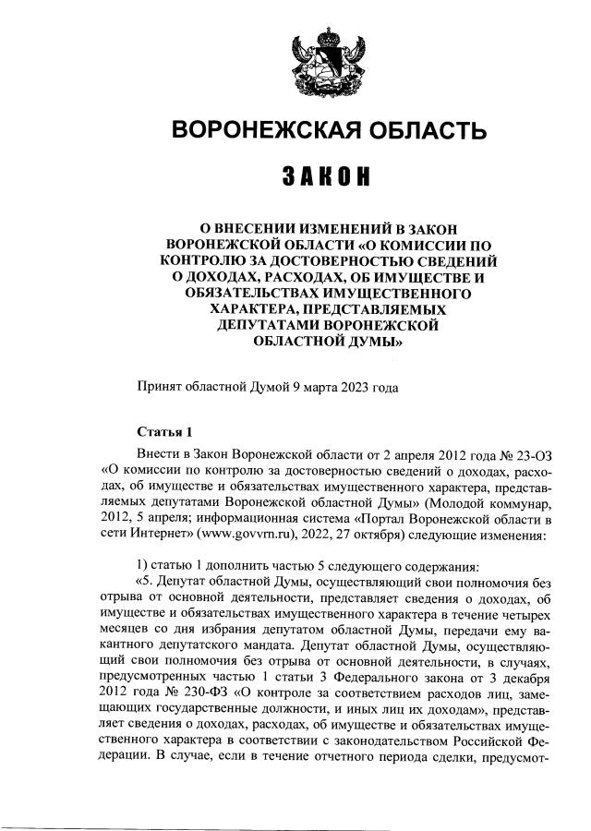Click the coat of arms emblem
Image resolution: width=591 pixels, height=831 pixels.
pyautogui.click(x=322, y=60)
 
